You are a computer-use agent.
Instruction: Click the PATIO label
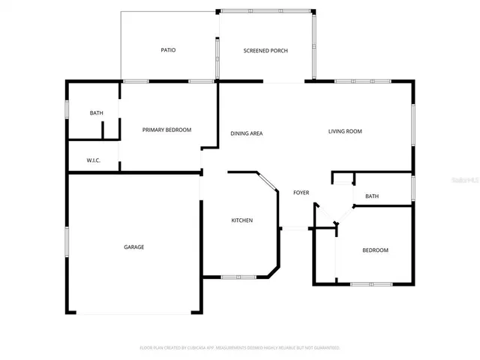click(x=168, y=50)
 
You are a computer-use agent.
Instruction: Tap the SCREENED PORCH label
click(x=265, y=50)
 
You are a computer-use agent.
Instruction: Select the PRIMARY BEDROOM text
click(x=166, y=130)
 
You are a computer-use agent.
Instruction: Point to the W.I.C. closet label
click(x=94, y=160)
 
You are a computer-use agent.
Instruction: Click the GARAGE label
click(x=134, y=247)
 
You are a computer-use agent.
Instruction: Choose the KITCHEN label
click(x=241, y=220)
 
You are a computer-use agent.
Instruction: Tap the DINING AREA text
click(x=246, y=133)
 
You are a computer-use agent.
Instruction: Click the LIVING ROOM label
click(x=345, y=131)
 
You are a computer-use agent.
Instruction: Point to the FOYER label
click(x=301, y=193)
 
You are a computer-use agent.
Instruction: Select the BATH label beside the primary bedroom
click(x=96, y=113)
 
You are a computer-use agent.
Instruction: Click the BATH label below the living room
click(x=372, y=196)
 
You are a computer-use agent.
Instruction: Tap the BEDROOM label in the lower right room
click(x=375, y=250)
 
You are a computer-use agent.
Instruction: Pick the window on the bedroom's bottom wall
click(x=371, y=283)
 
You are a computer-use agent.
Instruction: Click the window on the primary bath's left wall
click(x=68, y=109)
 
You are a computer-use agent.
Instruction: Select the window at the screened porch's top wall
click(x=265, y=10)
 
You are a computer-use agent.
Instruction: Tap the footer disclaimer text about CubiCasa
click(x=240, y=348)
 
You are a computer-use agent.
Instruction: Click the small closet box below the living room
click(x=342, y=178)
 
